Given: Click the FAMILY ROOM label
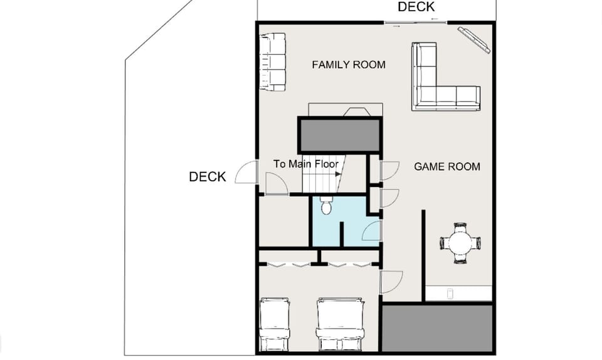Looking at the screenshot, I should (x=349, y=65).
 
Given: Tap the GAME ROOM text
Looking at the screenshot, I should (x=447, y=166).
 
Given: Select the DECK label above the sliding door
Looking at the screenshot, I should (x=416, y=7).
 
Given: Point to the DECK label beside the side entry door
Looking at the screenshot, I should (x=207, y=177).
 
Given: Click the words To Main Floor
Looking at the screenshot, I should (x=306, y=164).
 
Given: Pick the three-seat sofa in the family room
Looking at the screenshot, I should (x=273, y=62).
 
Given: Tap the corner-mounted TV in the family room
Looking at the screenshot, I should (x=474, y=39).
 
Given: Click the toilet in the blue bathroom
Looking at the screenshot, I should (x=326, y=206).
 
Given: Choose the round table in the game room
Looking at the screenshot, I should (x=461, y=243).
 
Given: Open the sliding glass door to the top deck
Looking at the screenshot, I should (x=415, y=23).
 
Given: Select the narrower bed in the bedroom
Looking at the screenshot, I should (x=274, y=324).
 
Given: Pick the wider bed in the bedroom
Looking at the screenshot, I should (x=341, y=324).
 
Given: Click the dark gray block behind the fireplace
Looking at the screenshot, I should (x=339, y=135).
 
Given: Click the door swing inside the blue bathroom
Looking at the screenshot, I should (x=371, y=231).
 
